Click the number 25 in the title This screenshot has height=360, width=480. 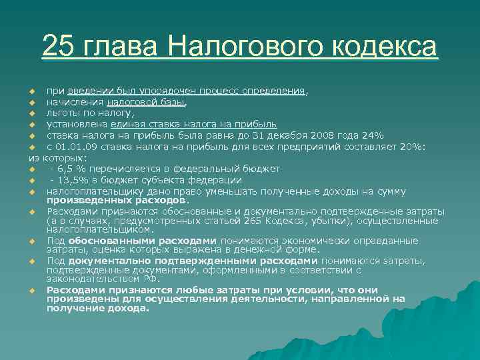click(57, 47)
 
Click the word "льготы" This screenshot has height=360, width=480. click(61, 113)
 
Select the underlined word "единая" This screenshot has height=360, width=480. click(127, 125)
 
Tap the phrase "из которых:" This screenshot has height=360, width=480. click(58, 158)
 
